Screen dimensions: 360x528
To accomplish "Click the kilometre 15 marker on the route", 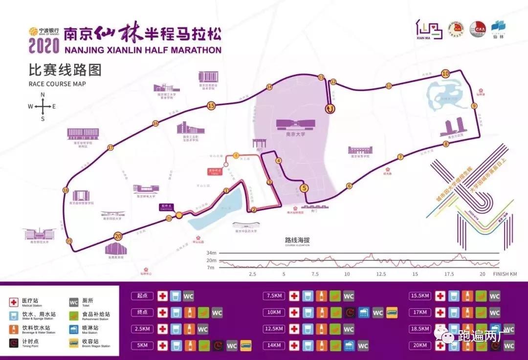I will [x=211, y=106].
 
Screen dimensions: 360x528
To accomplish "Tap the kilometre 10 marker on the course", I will [x=445, y=74].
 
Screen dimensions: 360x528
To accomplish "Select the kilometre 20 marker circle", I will [x=117, y=236].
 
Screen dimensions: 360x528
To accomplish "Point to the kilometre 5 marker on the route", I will [x=304, y=188].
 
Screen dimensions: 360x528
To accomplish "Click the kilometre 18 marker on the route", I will [x=66, y=191].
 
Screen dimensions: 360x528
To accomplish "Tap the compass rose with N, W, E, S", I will [x=42, y=106].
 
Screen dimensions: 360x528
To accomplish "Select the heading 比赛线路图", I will [x=65, y=71].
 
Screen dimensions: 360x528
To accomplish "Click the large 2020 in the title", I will [x=44, y=45].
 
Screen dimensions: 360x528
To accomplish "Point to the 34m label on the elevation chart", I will [x=211, y=253].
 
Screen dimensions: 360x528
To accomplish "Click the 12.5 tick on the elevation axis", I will [x=380, y=274].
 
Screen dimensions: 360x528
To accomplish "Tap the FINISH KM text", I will [x=505, y=274].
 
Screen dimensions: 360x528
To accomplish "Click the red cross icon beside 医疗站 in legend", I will [x=14, y=302].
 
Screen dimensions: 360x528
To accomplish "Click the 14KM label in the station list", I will [x=274, y=346].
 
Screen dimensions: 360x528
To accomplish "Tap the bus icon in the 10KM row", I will [x=392, y=313].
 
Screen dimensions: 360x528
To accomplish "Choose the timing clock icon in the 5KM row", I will [x=218, y=346].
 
